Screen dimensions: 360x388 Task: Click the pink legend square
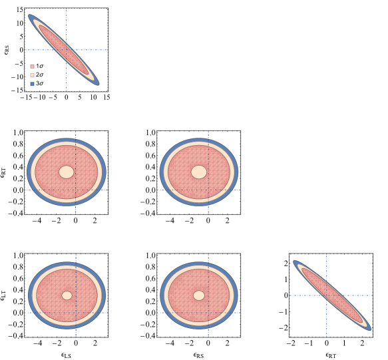pyautogui.click(x=32, y=67)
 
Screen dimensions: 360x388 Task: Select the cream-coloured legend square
pyautogui.click(x=32, y=75)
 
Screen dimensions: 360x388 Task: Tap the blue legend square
pyautogui.click(x=32, y=84)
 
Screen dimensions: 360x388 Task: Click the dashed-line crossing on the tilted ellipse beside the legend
pyautogui.click(x=67, y=50)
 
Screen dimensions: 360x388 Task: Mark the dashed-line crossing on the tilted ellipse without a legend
pyautogui.click(x=327, y=295)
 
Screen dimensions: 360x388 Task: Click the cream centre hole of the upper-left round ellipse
pyautogui.click(x=67, y=172)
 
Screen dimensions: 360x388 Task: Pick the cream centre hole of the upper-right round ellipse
pyautogui.click(x=199, y=172)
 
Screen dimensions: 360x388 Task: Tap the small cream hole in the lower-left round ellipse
pyautogui.click(x=67, y=295)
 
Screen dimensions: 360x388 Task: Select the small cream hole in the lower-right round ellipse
pyautogui.click(x=199, y=295)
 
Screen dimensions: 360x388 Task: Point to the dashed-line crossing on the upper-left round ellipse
pyautogui.click(x=75, y=190)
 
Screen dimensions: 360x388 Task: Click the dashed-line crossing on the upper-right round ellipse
pyautogui.click(x=208, y=190)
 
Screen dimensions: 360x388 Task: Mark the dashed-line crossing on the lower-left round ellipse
pyautogui.click(x=75, y=313)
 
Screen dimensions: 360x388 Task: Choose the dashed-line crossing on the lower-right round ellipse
pyautogui.click(x=208, y=313)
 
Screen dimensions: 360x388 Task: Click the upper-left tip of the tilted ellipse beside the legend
pyautogui.click(x=30, y=16)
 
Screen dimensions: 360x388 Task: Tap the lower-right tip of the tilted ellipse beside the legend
pyautogui.click(x=98, y=84)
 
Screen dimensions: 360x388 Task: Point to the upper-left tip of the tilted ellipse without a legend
pyautogui.click(x=295, y=262)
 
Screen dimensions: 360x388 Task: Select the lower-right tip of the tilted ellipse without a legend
pyautogui.click(x=369, y=329)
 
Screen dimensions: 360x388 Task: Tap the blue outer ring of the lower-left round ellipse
pyautogui.click(x=31, y=295)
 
